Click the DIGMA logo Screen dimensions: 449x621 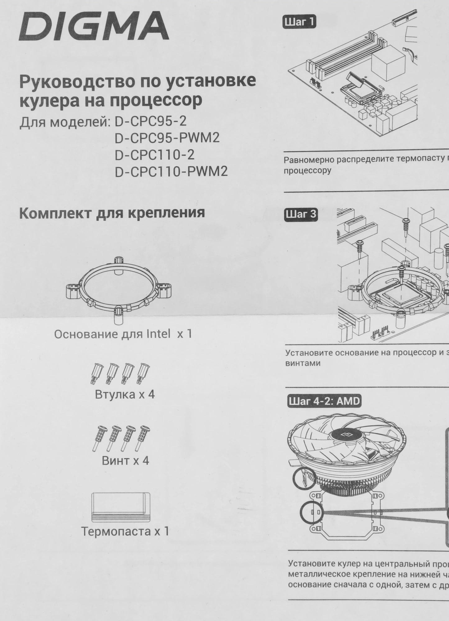(94, 27)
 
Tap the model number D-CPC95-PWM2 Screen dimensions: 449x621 (167, 138)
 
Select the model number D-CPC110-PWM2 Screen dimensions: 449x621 (171, 171)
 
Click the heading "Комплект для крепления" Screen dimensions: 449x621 (112, 213)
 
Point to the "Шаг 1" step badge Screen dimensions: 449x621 (299, 22)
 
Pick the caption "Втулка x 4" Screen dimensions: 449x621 (125, 395)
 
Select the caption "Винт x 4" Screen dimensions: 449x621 (125, 460)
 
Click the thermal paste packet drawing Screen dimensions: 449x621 (121, 507)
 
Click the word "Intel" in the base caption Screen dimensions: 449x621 (158, 334)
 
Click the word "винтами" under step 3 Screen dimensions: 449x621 (303, 363)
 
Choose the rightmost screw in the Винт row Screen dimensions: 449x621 (143, 438)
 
